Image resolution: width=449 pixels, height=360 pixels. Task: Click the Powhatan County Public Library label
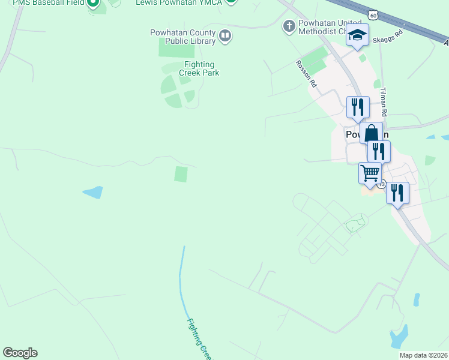pyautogui.click(x=182, y=37)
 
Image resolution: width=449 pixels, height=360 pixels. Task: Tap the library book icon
pyautogui.click(x=225, y=37)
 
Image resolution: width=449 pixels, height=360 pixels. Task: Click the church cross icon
pyautogui.click(x=289, y=26)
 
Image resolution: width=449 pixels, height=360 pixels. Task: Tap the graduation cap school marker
pyautogui.click(x=357, y=35)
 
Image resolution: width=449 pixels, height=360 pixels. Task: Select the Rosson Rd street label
pyautogui.click(x=306, y=74)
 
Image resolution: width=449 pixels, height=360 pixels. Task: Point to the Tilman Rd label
pyautogui.click(x=384, y=102)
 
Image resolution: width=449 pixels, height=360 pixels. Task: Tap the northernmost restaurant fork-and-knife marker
pyautogui.click(x=358, y=107)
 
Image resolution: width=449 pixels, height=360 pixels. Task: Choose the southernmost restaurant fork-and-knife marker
pyautogui.click(x=397, y=193)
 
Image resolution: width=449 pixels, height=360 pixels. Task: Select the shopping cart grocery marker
pyautogui.click(x=370, y=173)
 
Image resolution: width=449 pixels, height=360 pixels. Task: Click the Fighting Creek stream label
pyautogui.click(x=198, y=339)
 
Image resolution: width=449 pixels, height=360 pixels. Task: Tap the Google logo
pyautogui.click(x=20, y=353)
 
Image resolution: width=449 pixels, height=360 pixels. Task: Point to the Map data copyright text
pyautogui.click(x=424, y=355)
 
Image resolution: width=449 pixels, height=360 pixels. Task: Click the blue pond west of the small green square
pyautogui.click(x=92, y=192)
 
